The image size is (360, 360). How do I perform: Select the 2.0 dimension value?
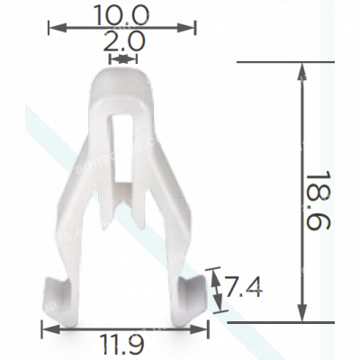click(122, 42)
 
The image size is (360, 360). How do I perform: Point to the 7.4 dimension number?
click(242, 288)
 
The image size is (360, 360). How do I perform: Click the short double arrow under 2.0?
click(122, 59)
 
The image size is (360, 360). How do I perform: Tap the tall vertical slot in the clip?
click(121, 135)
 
